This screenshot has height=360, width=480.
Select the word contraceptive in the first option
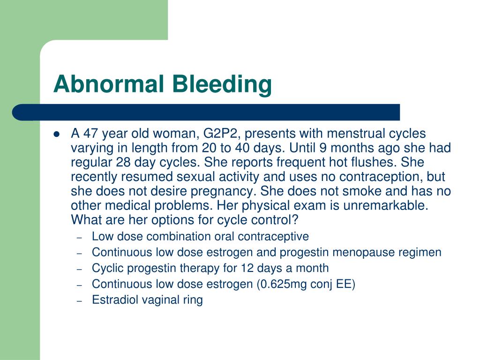[277, 236]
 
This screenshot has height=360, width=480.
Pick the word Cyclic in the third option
[106, 268]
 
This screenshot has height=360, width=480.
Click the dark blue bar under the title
[206, 112]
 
